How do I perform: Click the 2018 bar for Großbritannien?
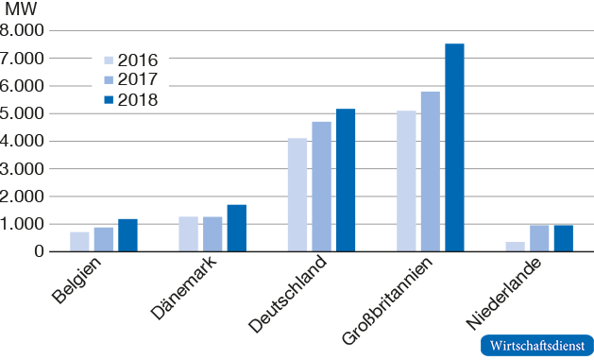[454, 147]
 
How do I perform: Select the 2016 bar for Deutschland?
[297, 195]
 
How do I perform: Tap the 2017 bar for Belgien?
[103, 239]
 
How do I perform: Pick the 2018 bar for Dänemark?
[236, 228]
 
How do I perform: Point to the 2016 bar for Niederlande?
[515, 247]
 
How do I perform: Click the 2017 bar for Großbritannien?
[431, 171]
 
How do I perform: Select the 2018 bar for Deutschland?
[346, 180]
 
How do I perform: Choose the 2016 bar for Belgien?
[79, 242]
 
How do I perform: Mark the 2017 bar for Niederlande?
[539, 238]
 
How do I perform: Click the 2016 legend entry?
[127, 60]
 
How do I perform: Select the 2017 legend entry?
[127, 79]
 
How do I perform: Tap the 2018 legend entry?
[127, 99]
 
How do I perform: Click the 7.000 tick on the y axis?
[23, 59]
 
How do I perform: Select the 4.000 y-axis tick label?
[23, 142]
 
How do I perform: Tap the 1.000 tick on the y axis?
[23, 225]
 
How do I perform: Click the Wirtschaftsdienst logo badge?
[536, 346]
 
